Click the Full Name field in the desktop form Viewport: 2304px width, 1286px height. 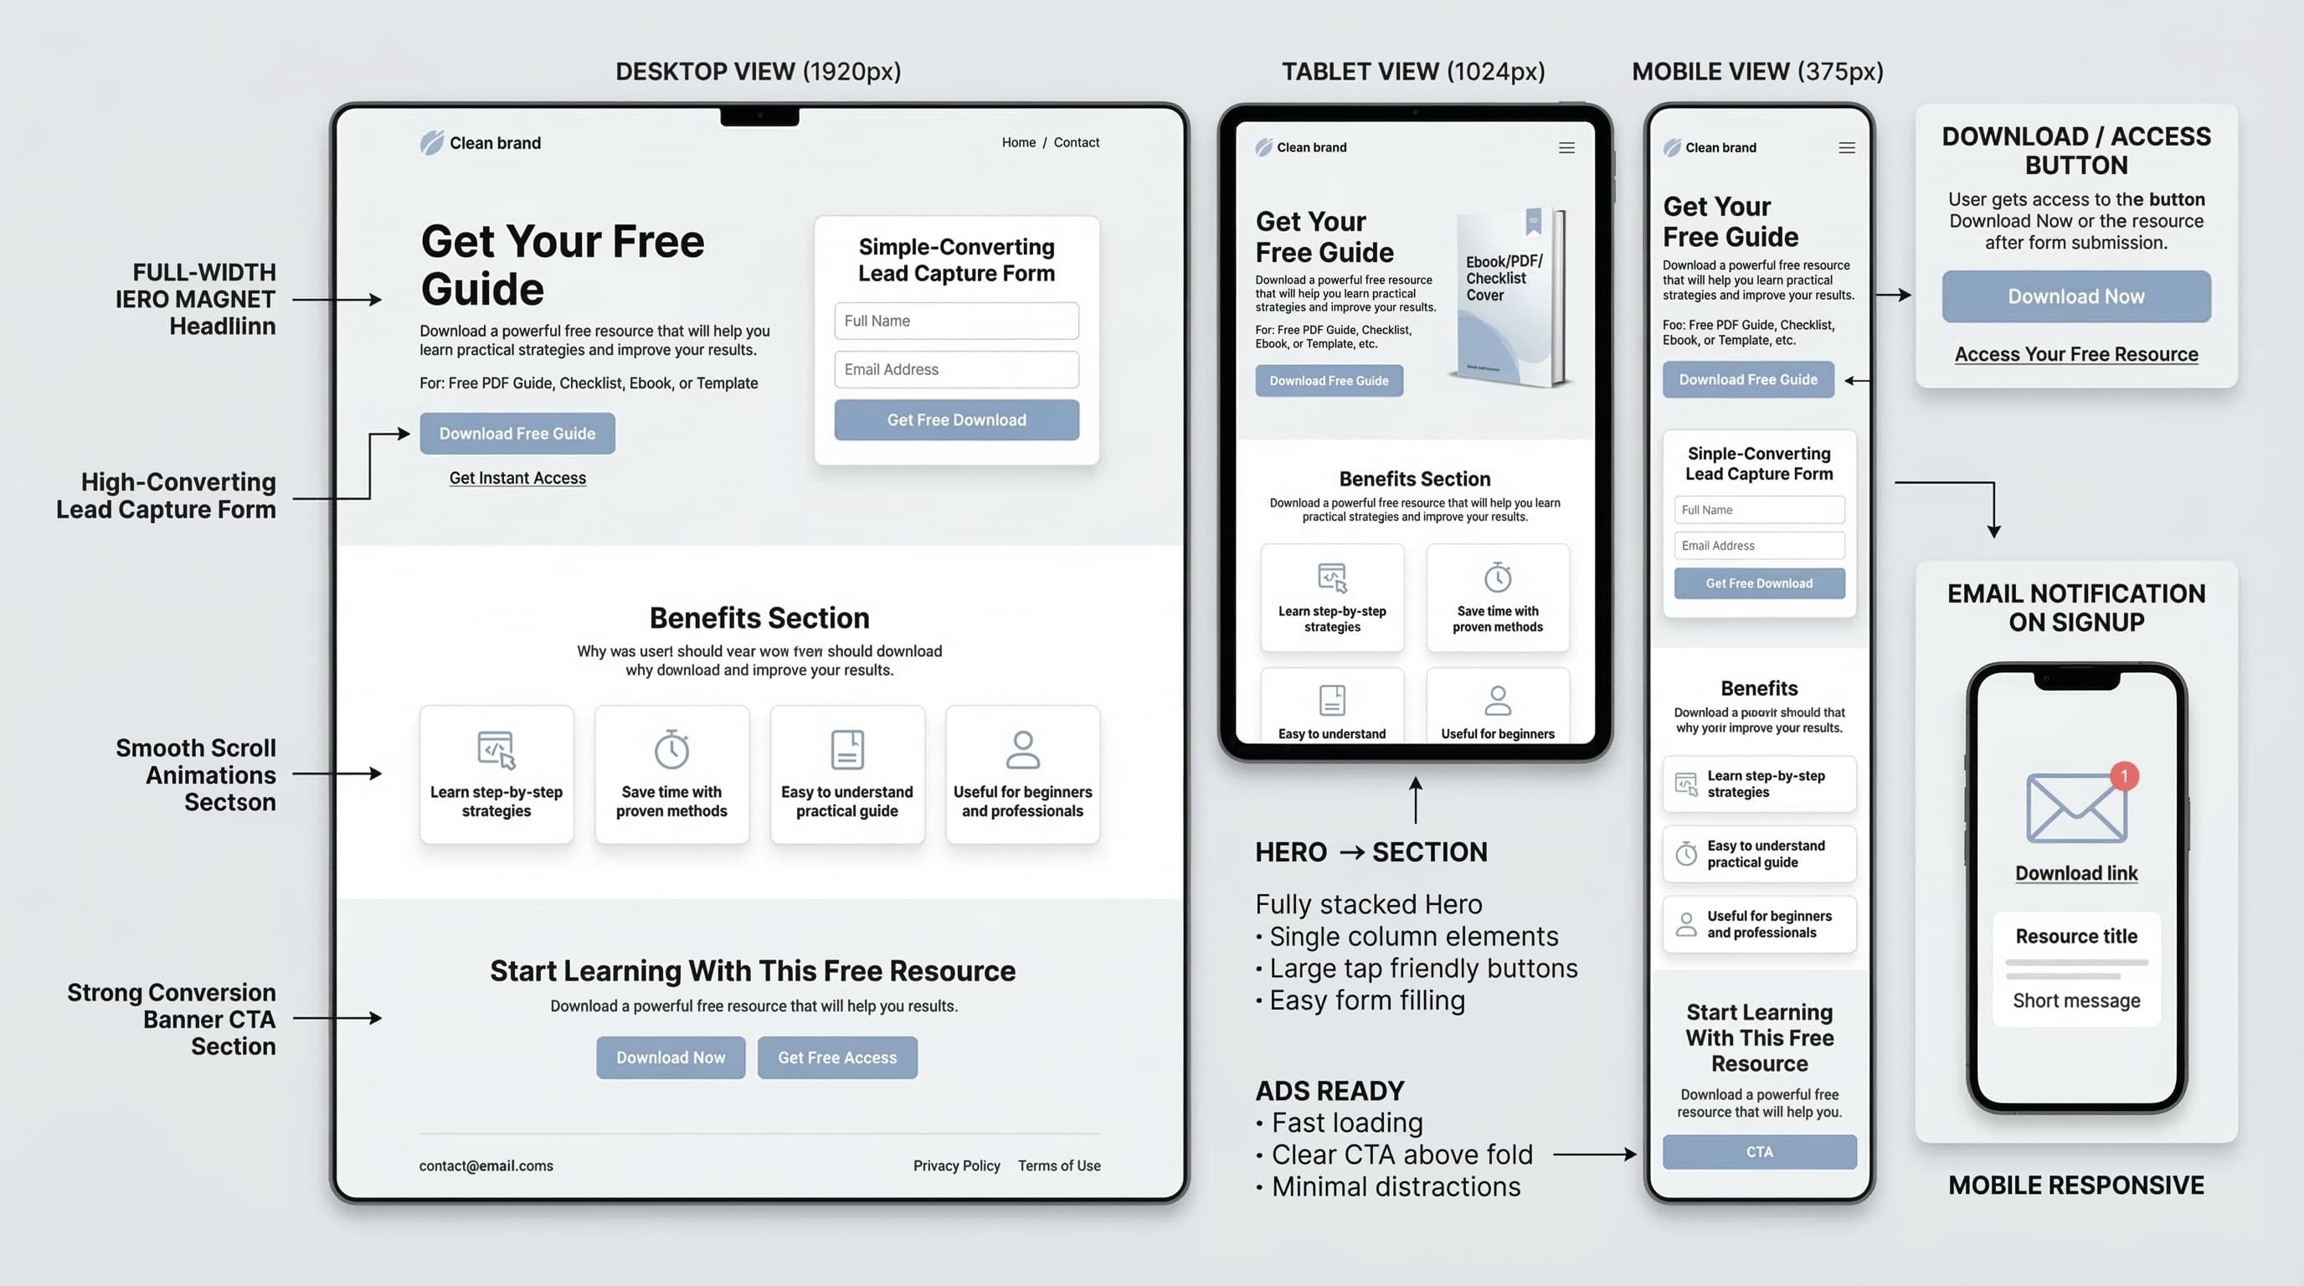[x=956, y=321]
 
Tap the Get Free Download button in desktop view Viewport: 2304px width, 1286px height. [x=956, y=420]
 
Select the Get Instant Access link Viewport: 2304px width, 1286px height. [x=517, y=478]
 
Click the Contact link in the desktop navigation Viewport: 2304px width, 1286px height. [x=1076, y=143]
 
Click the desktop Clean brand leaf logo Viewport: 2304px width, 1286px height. [x=432, y=143]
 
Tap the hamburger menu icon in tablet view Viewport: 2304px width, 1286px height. [x=1566, y=148]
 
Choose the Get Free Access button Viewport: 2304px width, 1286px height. [x=836, y=1058]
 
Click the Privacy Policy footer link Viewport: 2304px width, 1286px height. [x=956, y=1166]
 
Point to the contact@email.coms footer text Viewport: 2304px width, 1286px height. [x=486, y=1166]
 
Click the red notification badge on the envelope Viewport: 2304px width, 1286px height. [x=2123, y=776]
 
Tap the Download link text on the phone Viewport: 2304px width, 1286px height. [x=2076, y=874]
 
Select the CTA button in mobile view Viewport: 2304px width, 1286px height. [x=1758, y=1152]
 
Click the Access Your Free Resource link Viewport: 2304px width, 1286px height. [x=2076, y=354]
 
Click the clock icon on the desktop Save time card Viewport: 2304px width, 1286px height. [x=671, y=749]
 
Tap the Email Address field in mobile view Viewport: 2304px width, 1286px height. [x=1758, y=546]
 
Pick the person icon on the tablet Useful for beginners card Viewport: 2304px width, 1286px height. [x=1497, y=700]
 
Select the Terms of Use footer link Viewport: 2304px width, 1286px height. [x=1059, y=1166]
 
